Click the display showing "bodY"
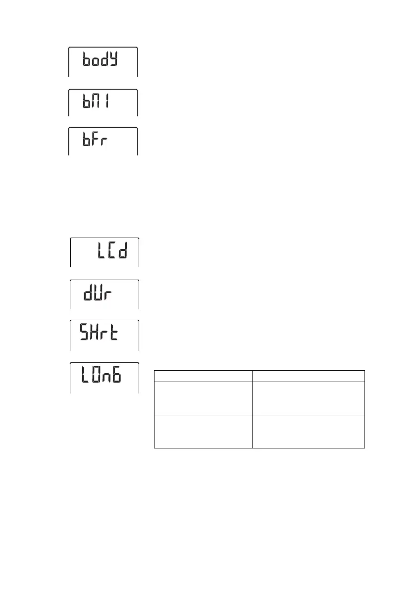[103, 61]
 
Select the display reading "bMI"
[103, 103]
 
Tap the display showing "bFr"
[103, 141]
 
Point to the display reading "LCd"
[104, 252]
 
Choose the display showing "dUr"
[104, 294]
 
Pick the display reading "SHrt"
[104, 335]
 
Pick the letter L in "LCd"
[98, 252]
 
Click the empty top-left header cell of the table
[203, 376]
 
